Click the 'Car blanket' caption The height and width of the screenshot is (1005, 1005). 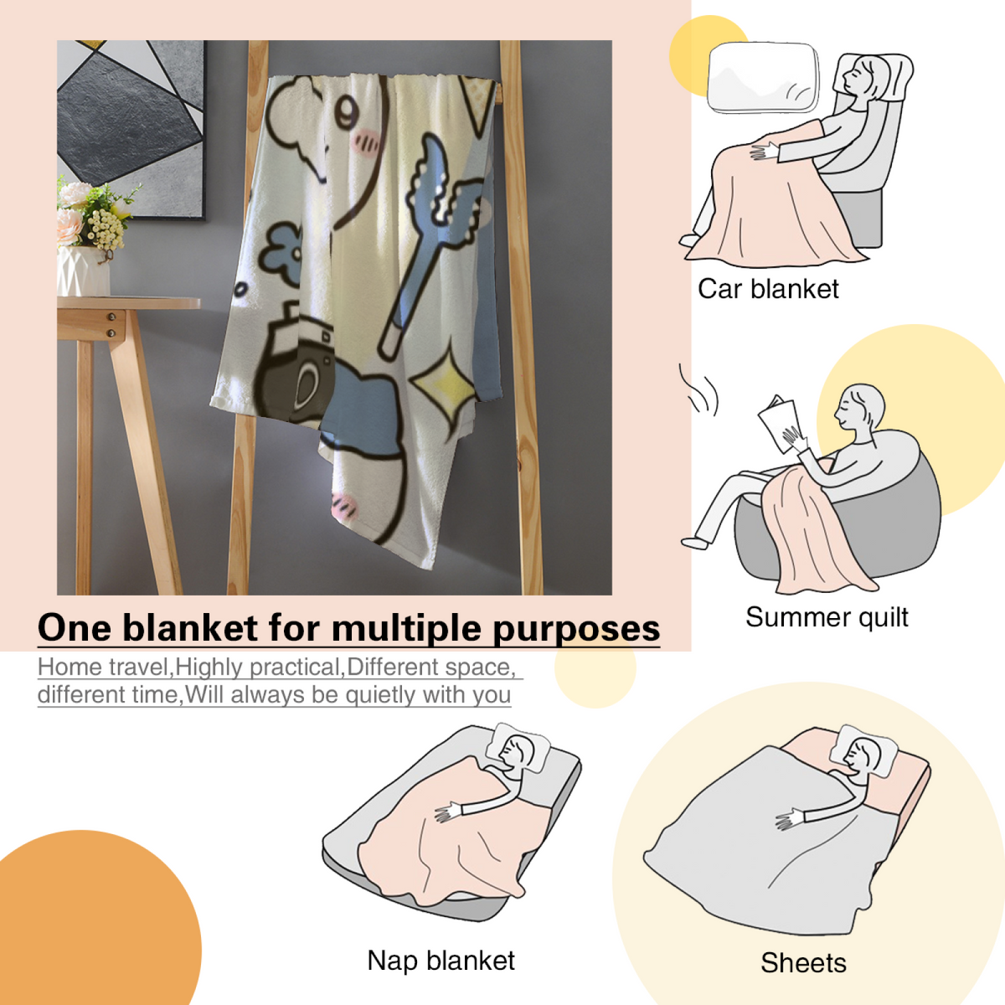click(x=768, y=289)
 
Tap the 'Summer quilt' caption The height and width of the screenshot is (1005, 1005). click(x=827, y=618)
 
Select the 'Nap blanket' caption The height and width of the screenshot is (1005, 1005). click(x=441, y=960)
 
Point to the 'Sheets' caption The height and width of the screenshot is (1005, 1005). click(x=804, y=963)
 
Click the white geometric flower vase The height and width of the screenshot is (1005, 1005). click(x=84, y=272)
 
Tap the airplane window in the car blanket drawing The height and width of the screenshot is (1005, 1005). click(x=762, y=77)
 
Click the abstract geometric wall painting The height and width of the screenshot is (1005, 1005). click(x=131, y=128)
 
